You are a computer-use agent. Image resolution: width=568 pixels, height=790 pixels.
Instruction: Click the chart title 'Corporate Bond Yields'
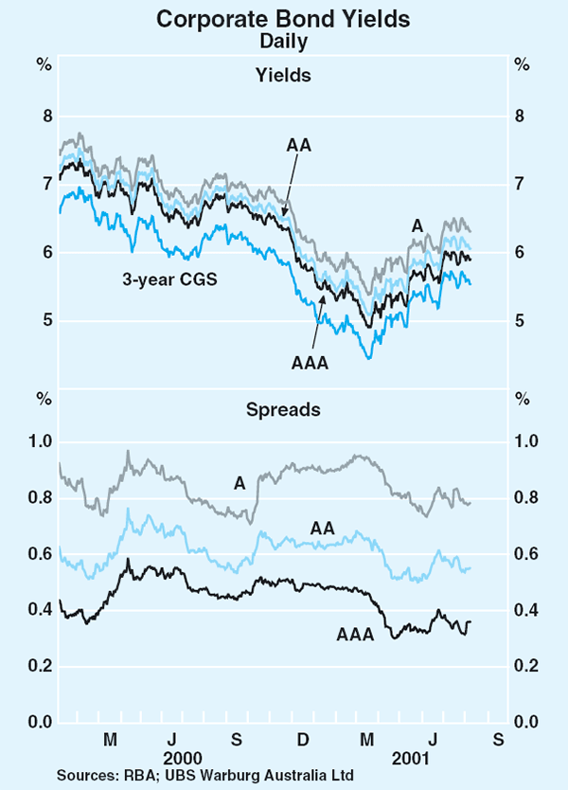(x=284, y=18)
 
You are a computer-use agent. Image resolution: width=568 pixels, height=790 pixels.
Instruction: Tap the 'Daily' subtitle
(x=284, y=41)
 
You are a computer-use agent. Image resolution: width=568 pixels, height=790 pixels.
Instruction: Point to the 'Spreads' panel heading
(x=284, y=410)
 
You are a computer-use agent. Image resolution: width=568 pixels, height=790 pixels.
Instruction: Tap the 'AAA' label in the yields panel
(x=311, y=363)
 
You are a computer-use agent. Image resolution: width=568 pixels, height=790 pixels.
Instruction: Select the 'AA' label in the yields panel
(x=299, y=145)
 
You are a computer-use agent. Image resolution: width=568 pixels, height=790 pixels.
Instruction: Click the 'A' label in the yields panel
(x=417, y=225)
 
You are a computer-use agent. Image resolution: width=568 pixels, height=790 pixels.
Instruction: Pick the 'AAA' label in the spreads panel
(x=356, y=635)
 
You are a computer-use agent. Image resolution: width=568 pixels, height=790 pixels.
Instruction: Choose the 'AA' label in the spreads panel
(x=322, y=527)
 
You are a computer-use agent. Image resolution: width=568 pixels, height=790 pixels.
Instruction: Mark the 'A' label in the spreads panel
(x=240, y=483)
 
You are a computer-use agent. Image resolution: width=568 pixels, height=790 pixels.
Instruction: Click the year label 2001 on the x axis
(x=413, y=758)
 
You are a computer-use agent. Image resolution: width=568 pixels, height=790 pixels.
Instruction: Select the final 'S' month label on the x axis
(x=498, y=738)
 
